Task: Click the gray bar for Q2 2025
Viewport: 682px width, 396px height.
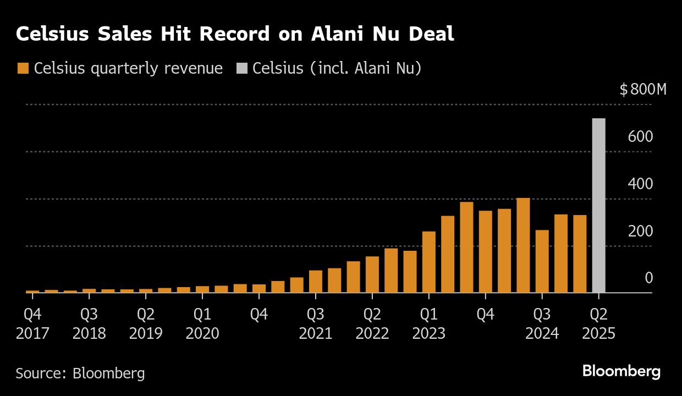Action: (598, 206)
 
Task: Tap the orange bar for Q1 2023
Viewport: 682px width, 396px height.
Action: (429, 262)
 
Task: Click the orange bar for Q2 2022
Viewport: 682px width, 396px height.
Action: (372, 274)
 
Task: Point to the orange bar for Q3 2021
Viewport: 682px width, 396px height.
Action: (316, 282)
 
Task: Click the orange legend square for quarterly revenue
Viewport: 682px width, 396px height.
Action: (23, 69)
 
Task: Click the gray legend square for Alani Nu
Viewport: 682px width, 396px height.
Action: (241, 69)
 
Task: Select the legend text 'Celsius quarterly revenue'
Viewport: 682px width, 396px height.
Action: (128, 69)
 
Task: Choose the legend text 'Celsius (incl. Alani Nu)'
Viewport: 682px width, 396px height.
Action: (337, 69)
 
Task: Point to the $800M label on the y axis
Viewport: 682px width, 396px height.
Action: (642, 90)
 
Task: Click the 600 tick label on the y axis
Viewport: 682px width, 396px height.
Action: (640, 136)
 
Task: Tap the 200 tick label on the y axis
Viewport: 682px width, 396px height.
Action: (640, 231)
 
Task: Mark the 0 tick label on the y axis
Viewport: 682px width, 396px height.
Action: (648, 278)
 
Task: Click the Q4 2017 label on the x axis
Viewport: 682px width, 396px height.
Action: (32, 324)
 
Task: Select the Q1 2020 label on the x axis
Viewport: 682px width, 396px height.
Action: (202, 324)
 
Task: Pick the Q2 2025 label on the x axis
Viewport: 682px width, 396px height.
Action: (598, 324)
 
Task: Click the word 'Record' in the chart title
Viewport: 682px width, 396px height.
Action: (234, 34)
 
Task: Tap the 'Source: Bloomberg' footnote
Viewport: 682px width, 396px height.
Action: (80, 373)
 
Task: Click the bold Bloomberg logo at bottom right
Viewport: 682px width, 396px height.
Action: (621, 371)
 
